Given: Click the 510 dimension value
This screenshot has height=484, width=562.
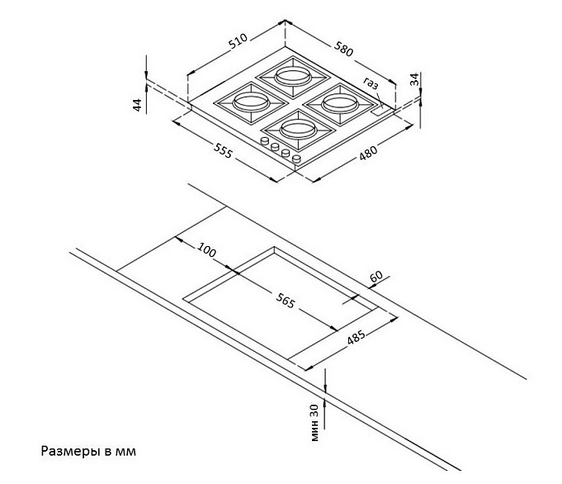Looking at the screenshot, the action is pyautogui.click(x=238, y=41).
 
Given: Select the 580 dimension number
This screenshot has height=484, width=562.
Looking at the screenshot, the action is pyautogui.click(x=344, y=49).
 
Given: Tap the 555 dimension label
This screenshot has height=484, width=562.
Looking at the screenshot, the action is pyautogui.click(x=224, y=150).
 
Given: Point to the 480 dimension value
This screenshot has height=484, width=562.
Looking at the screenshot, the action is pyautogui.click(x=368, y=153).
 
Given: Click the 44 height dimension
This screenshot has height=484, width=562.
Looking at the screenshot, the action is pyautogui.click(x=137, y=105).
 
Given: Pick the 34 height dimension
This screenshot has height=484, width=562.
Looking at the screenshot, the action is pyautogui.click(x=414, y=79).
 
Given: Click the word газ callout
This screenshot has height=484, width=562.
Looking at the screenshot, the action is pyautogui.click(x=371, y=83).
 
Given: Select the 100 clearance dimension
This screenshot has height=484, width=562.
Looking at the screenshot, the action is pyautogui.click(x=207, y=250).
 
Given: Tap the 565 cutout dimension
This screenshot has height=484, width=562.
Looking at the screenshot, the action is pyautogui.click(x=286, y=301).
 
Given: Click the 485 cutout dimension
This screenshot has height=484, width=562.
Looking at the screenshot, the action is pyautogui.click(x=356, y=337).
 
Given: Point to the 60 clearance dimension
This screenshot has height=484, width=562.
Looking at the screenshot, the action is pyautogui.click(x=376, y=277).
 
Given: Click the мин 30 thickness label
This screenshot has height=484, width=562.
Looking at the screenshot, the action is pyautogui.click(x=314, y=422).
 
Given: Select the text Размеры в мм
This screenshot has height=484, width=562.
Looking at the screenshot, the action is pyautogui.click(x=88, y=451).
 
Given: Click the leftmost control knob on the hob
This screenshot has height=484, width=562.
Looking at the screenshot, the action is pyautogui.click(x=266, y=141).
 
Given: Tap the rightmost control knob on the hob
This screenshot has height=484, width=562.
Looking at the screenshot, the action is pyautogui.click(x=297, y=159).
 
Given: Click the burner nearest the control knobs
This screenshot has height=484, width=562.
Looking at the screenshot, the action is pyautogui.click(x=299, y=129).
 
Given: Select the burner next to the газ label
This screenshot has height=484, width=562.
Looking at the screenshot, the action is pyautogui.click(x=340, y=103).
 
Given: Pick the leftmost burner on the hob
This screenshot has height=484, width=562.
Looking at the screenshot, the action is pyautogui.click(x=251, y=102).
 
